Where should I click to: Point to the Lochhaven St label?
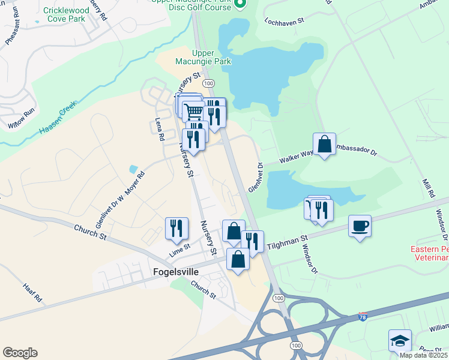click(285, 20)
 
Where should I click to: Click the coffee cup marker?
click(360, 227)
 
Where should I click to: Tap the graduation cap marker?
click(400, 341)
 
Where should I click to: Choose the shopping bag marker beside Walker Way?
click(324, 145)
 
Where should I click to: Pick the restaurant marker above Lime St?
click(176, 229)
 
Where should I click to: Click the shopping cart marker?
click(193, 111)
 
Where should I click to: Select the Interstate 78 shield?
click(363, 316)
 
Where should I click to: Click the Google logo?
click(20, 353)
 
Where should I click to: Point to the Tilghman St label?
click(287, 242)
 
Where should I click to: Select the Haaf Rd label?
click(34, 293)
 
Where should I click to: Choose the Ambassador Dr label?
click(355, 150)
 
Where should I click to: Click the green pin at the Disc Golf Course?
click(240, 5)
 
